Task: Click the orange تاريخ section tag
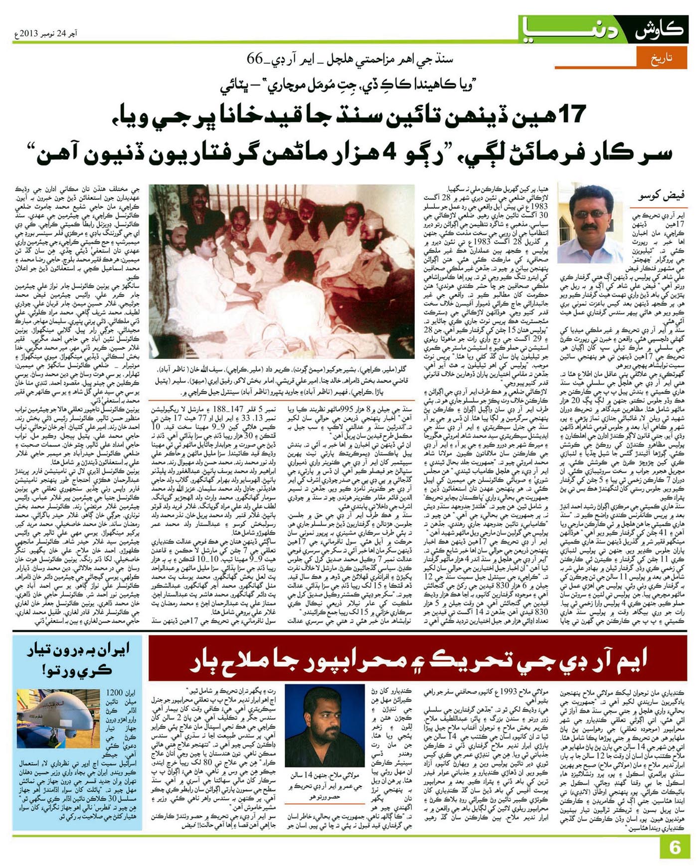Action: click(662, 58)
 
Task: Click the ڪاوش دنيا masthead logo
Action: click(603, 29)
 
